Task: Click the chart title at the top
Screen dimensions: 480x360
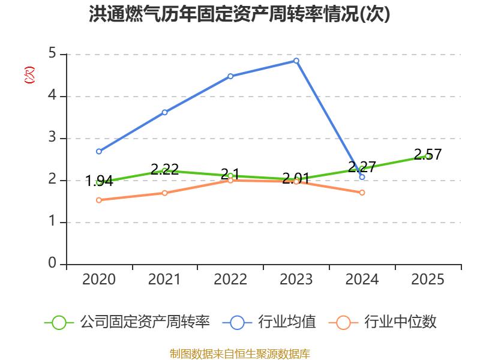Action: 239,14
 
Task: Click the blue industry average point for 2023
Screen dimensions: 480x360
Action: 296,61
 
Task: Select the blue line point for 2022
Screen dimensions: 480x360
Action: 230,76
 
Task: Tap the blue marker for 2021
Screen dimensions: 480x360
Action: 164,112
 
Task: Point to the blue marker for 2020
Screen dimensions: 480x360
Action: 99,152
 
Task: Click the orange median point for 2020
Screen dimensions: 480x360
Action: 99,200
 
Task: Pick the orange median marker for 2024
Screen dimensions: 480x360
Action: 362,193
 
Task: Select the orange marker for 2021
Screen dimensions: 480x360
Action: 164,193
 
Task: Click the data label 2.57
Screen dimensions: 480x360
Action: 428,154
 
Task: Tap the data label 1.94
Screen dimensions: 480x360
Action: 99,181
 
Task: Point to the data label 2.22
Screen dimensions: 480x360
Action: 164,169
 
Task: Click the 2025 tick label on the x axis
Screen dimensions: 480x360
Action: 428,280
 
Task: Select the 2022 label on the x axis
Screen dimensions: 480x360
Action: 230,280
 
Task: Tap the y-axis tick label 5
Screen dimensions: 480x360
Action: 52,53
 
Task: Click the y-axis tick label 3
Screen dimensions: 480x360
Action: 52,137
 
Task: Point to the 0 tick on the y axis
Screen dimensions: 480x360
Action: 52,263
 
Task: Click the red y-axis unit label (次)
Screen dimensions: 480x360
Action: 29,75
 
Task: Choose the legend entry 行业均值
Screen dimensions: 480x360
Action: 269,322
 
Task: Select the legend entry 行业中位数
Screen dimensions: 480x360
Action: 382,322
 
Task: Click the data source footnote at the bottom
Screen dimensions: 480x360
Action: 240,354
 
